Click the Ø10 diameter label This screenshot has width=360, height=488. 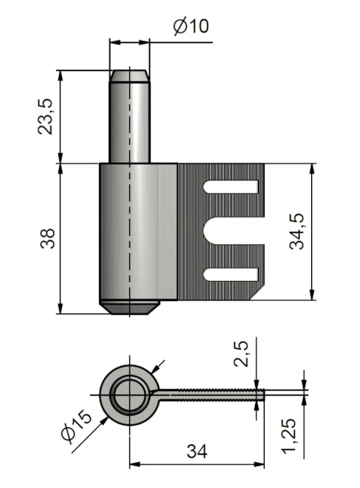tap(191, 26)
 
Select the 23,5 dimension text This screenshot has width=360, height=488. tap(46, 117)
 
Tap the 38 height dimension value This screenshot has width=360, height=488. tap(47, 239)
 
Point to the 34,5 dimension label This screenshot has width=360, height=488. tap(296, 231)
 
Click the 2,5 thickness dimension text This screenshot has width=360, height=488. tap(241, 354)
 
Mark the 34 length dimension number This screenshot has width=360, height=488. tap(197, 450)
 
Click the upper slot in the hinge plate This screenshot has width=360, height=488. tap(231, 187)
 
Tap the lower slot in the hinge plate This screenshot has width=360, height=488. tap(231, 274)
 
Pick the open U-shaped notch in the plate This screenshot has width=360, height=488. tap(234, 231)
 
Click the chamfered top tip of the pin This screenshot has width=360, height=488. tap(129, 75)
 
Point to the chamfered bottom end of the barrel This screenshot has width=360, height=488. tap(129, 307)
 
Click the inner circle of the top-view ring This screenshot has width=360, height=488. tap(130, 396)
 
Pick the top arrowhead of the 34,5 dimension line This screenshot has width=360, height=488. tap(311, 169)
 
